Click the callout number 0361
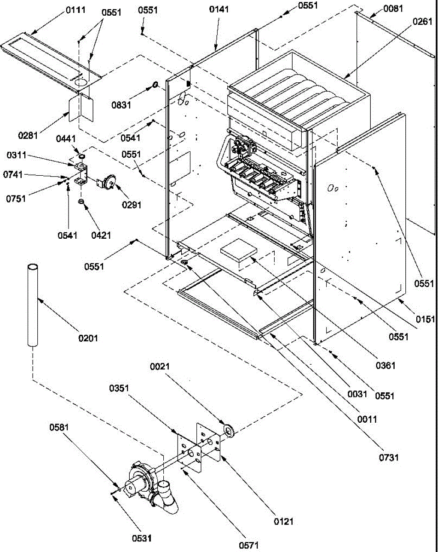[x=385, y=366]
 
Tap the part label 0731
[x=389, y=457]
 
